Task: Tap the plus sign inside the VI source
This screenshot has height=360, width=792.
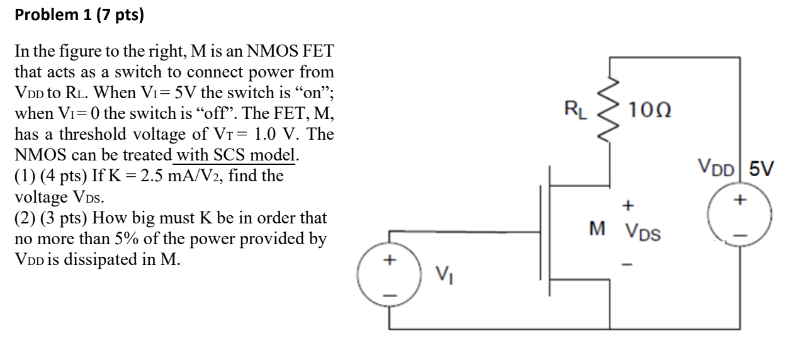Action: pos(389,260)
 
